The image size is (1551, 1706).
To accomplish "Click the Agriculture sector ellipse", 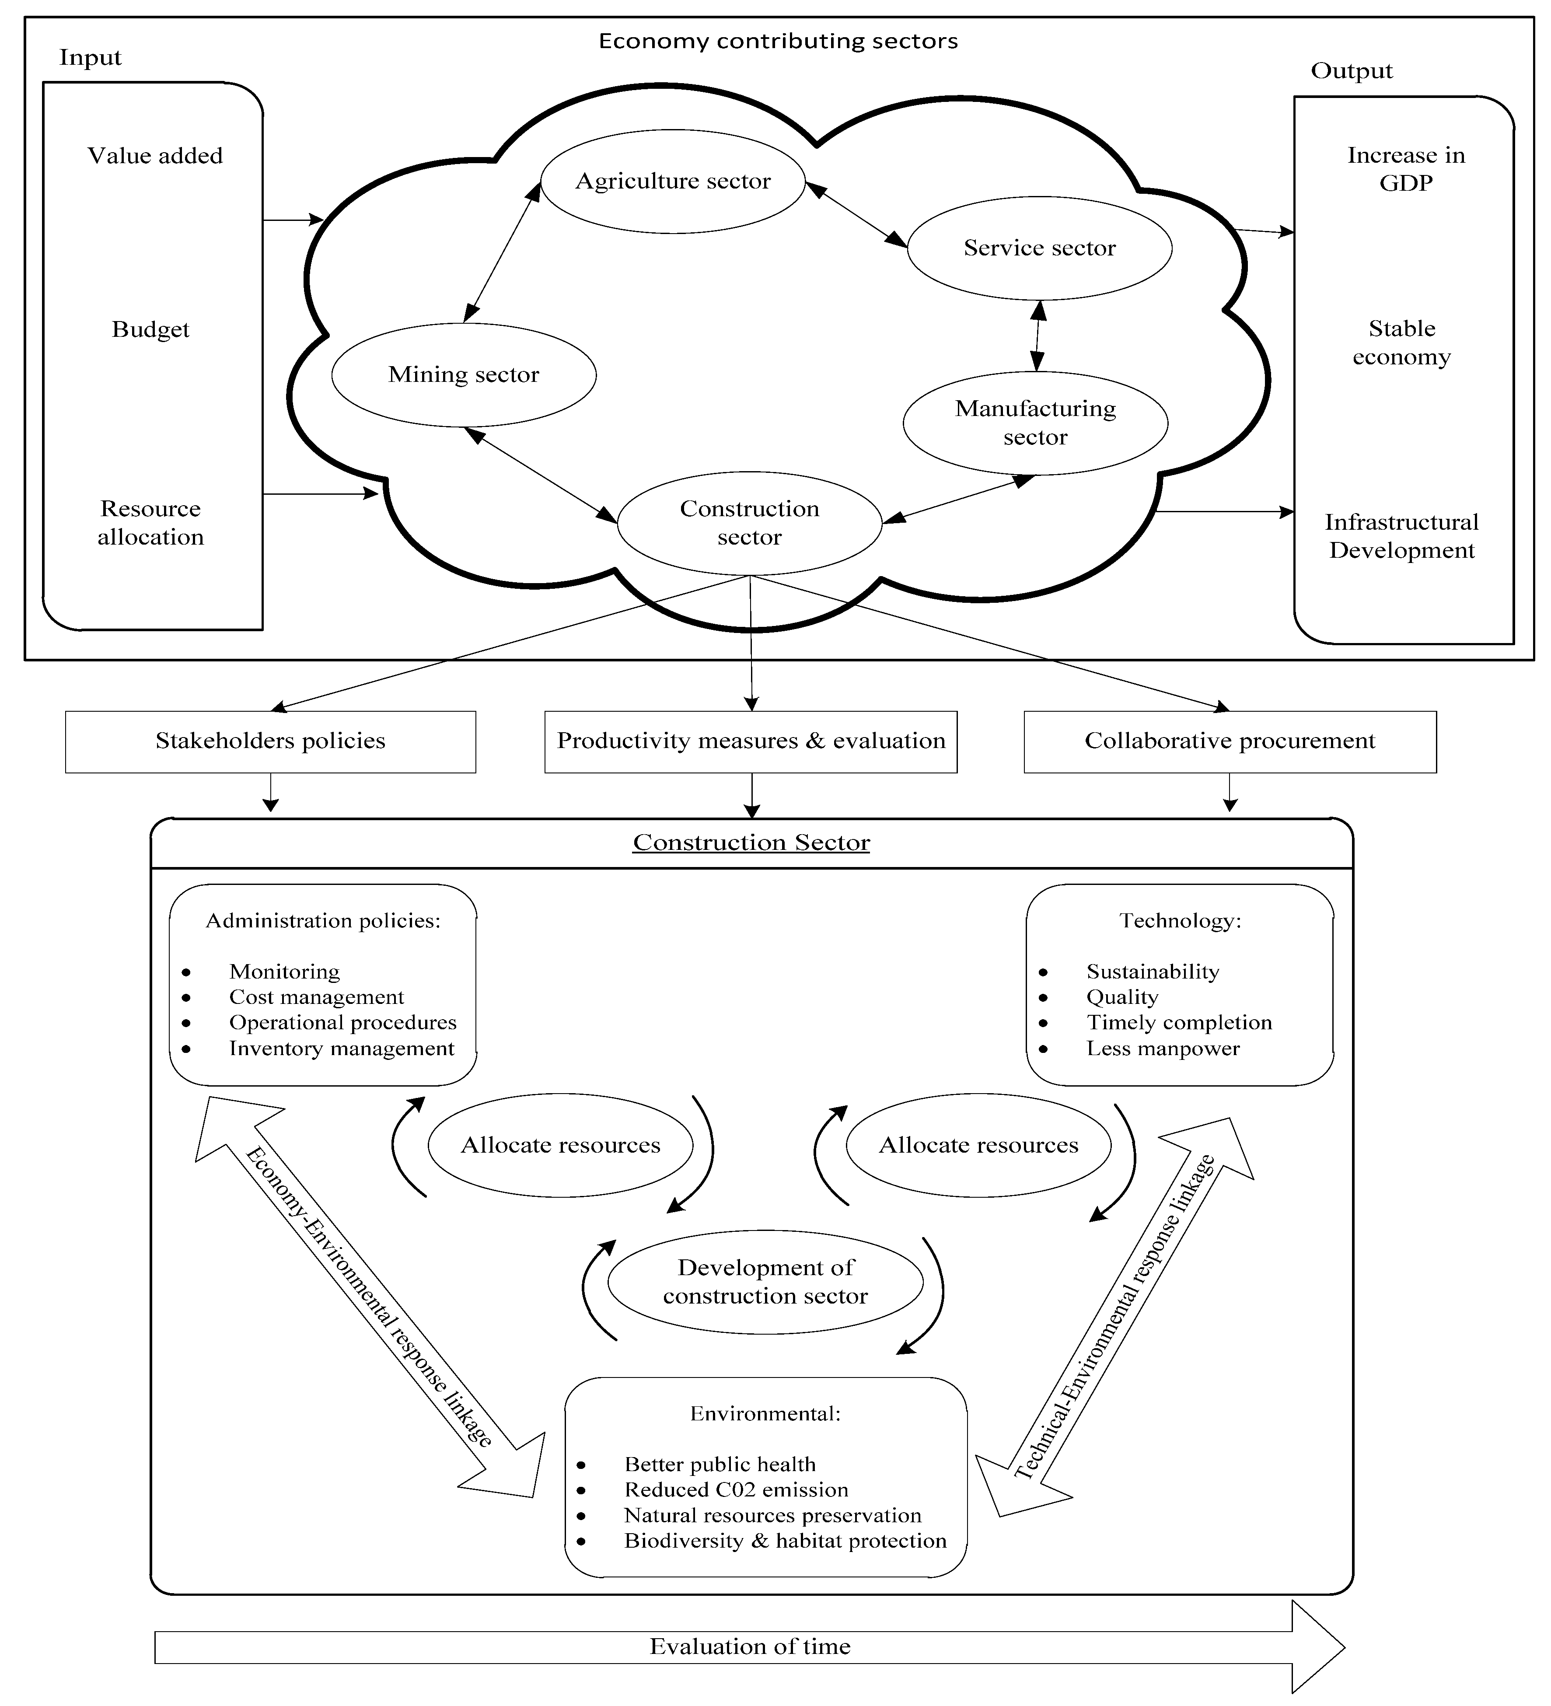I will tap(673, 181).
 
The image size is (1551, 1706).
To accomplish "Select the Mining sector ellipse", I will tap(464, 375).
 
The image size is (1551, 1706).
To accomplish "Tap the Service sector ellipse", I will tap(1039, 248).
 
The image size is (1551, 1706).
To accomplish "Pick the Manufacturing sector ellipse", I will tap(1035, 423).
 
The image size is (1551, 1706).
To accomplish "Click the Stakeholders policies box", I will tap(270, 741).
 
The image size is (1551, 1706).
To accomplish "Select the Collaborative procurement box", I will tap(1230, 741).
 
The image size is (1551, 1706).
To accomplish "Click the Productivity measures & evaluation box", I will tap(751, 741).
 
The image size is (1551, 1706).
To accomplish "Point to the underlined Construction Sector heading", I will tap(751, 843).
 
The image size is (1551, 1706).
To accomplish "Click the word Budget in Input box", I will tap(150, 329).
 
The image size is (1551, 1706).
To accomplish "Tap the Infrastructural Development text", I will tap(1401, 536).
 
